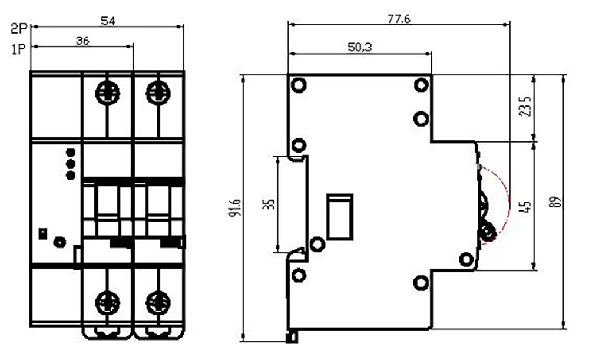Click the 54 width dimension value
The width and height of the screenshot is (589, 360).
[108, 21]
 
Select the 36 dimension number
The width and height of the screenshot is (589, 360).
[82, 41]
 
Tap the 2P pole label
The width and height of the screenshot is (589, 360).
[18, 28]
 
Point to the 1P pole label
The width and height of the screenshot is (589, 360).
[18, 49]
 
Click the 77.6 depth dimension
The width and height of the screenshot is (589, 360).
[399, 19]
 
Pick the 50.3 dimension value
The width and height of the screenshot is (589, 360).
[359, 47]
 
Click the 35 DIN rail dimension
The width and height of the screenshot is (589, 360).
[269, 204]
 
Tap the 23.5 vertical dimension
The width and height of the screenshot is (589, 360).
[525, 107]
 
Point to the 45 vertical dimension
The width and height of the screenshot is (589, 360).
[527, 207]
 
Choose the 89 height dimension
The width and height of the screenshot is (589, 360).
[557, 202]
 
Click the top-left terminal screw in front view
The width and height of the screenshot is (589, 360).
[107, 93]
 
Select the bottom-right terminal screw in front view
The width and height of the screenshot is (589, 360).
[158, 303]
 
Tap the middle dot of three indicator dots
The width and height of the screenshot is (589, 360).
[70, 164]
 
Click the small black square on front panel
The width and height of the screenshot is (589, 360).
[43, 234]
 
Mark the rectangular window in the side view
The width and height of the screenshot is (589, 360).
[340, 217]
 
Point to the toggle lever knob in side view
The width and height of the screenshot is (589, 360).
[488, 231]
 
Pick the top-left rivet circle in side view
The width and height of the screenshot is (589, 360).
[299, 85]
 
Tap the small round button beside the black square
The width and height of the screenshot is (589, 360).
[59, 242]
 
